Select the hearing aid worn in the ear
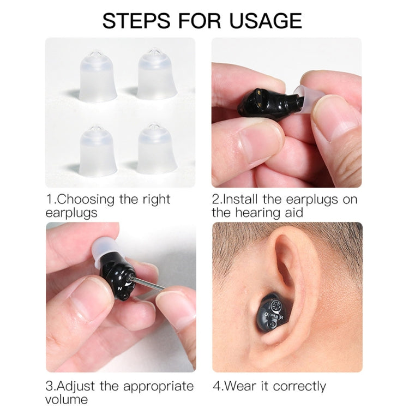tap(273, 313)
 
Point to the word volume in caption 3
tap(68, 400)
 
